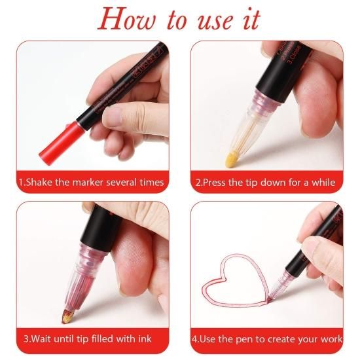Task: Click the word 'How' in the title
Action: click(x=126, y=19)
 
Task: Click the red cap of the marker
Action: click(x=61, y=143)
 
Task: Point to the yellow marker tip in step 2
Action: click(x=233, y=158)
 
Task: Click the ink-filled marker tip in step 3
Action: click(x=68, y=316)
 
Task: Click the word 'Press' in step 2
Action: click(x=214, y=183)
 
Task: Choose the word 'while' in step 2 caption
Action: click(x=323, y=183)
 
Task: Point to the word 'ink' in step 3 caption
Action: click(x=145, y=339)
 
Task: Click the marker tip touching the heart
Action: click(x=269, y=299)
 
